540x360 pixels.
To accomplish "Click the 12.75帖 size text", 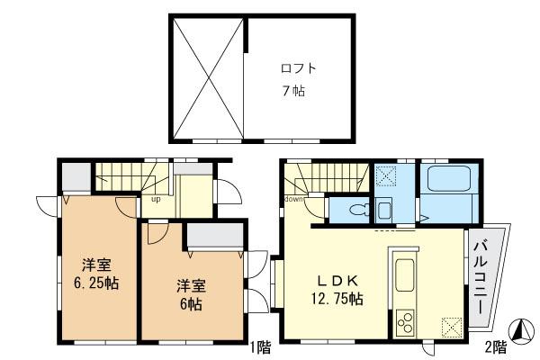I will (x=337, y=299).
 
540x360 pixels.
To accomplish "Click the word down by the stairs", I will (x=293, y=199).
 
